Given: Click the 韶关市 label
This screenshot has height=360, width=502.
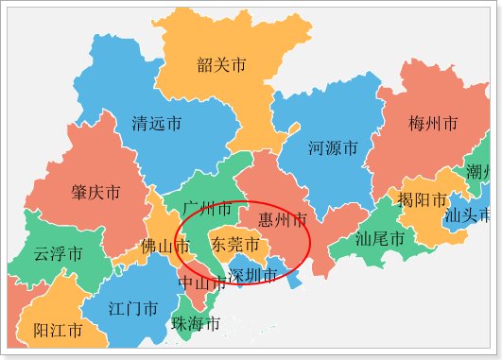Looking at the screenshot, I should click(x=222, y=65).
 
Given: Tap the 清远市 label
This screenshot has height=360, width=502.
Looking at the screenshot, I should click(x=157, y=124).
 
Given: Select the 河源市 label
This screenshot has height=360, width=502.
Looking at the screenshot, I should click(x=333, y=148).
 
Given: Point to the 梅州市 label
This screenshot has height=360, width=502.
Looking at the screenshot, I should click(x=433, y=124).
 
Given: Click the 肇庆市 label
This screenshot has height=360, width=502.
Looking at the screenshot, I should click(x=95, y=193).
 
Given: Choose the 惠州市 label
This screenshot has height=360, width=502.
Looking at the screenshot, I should click(x=283, y=220).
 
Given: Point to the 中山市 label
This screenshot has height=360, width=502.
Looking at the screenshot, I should click(x=201, y=283).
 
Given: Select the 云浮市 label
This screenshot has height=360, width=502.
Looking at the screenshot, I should click(x=58, y=254).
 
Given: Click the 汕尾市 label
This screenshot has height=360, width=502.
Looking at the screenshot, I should click(x=379, y=239).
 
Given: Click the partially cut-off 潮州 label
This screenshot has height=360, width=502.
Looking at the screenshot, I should click(x=478, y=171).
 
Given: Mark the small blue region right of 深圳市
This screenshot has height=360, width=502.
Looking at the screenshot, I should click(x=294, y=281).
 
